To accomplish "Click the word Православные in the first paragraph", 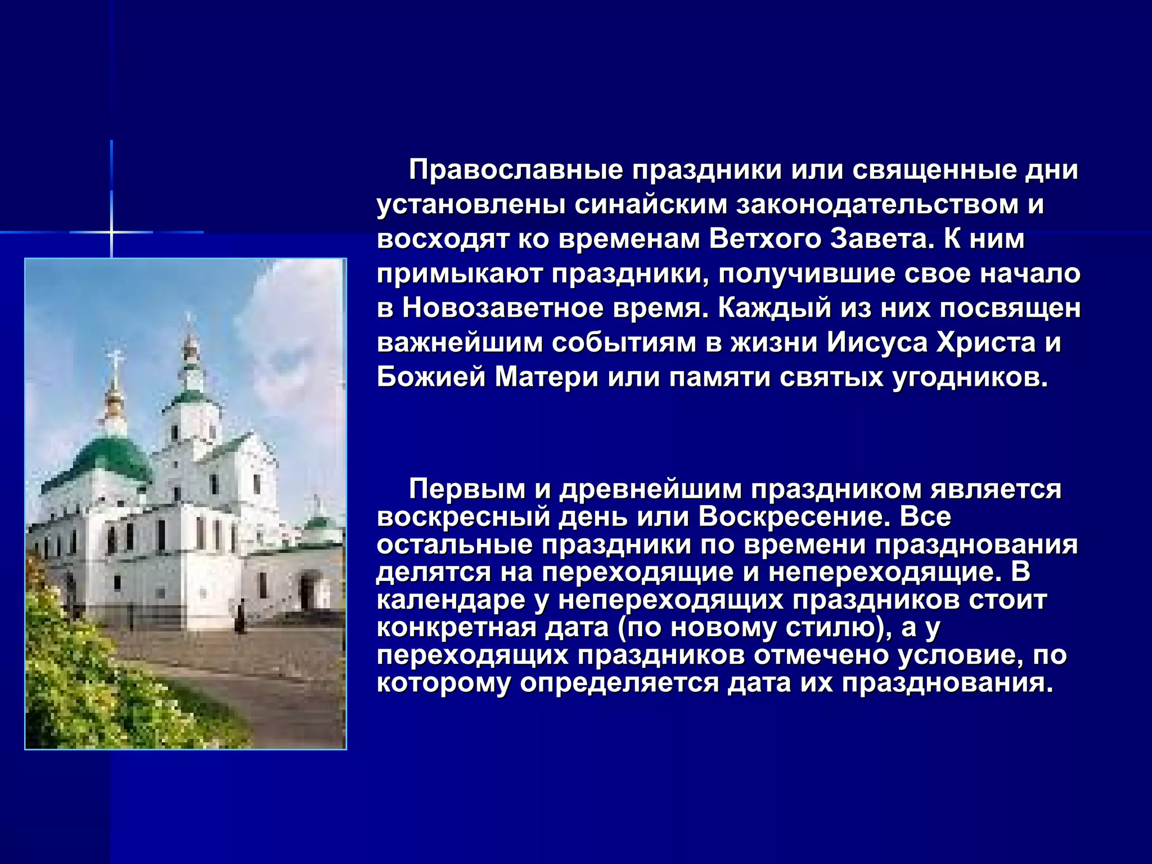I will tap(515, 170).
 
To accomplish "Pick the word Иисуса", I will tap(877, 343).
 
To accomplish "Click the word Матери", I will tap(546, 377).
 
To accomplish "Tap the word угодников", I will tap(970, 377).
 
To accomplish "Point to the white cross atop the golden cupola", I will tap(115, 360).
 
